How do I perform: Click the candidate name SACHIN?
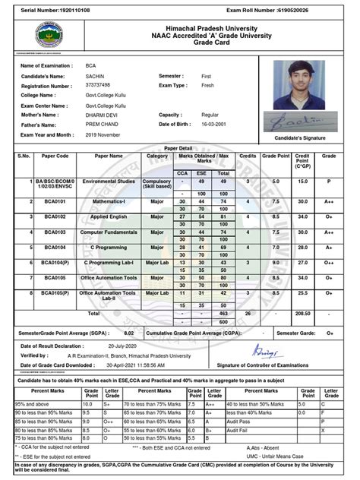click(96, 77)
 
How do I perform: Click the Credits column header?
click(248, 155)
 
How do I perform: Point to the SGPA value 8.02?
click(128, 333)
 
